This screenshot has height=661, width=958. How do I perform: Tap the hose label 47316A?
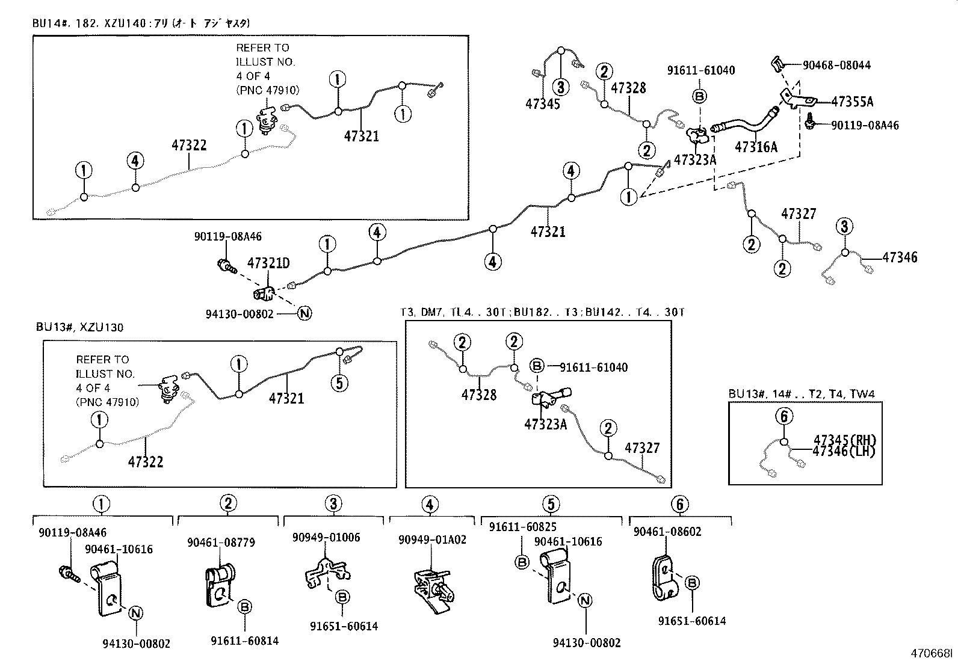pos(756,146)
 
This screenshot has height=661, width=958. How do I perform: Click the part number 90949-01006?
pos(326,537)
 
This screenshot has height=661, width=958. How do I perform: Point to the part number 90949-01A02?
pos(432,540)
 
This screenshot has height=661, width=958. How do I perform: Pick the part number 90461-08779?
pos(220,542)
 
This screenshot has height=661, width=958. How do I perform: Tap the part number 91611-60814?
pos(245,641)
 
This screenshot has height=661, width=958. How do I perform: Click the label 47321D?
pos(268,263)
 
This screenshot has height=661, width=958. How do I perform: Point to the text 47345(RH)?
pos(844,440)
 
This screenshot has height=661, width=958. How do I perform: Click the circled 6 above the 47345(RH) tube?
pos(783,416)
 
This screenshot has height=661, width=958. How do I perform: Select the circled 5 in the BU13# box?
pos(339,383)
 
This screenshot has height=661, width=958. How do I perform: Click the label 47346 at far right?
pos(900,257)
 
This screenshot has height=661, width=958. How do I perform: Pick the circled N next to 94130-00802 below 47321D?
pos(304,313)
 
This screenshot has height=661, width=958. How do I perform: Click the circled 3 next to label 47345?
pos(560,87)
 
